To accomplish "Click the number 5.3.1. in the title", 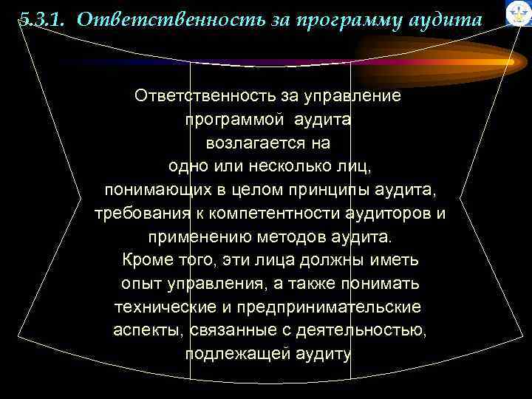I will (x=43, y=20).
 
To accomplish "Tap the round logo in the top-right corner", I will (x=519, y=13).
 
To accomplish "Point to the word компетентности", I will (x=270, y=214).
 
